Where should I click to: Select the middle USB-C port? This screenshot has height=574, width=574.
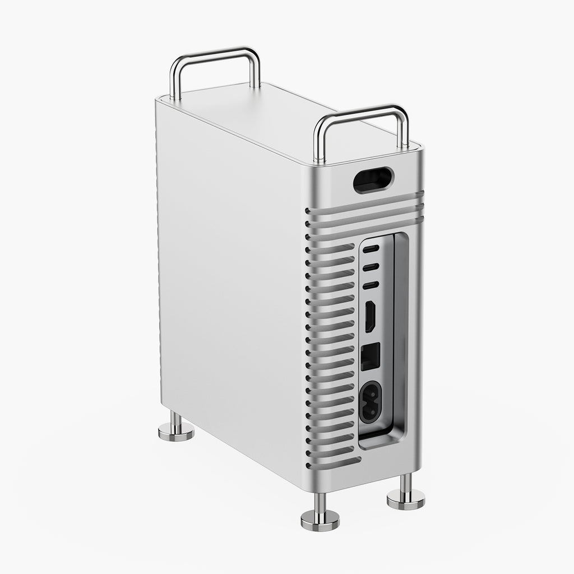tap(371, 267)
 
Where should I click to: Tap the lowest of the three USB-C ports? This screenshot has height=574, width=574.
tap(371, 285)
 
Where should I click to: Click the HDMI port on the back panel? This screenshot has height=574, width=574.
tap(371, 317)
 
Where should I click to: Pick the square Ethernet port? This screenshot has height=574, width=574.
tap(371, 355)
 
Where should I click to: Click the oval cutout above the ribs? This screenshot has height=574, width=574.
tap(373, 180)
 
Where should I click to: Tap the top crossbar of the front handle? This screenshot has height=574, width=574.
tap(361, 112)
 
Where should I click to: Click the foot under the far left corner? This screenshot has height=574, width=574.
tap(176, 430)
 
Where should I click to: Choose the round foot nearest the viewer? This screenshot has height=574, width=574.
tap(320, 519)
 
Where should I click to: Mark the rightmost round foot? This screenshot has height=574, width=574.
tap(406, 498)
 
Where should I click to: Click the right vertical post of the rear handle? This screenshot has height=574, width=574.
tap(256, 70)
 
